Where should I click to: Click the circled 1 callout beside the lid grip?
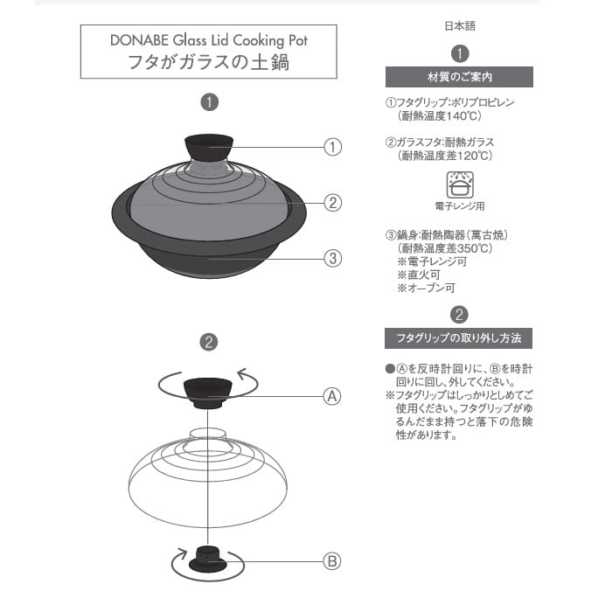click(332, 147)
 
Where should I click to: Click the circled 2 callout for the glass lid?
click(332, 202)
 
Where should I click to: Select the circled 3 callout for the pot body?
click(332, 258)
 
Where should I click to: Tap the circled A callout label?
click(332, 395)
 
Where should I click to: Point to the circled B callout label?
click(332, 561)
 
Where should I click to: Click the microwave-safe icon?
click(459, 184)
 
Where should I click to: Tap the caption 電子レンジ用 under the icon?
click(459, 206)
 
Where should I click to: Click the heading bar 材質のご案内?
click(459, 77)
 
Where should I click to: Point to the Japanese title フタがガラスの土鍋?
click(209, 62)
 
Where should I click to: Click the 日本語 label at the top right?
click(460, 27)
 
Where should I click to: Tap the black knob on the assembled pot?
click(208, 147)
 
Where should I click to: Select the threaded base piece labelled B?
click(207, 557)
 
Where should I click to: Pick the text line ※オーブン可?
click(426, 288)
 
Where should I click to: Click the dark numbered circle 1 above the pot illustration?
click(208, 102)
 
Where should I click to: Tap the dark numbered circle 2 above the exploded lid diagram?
click(208, 342)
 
